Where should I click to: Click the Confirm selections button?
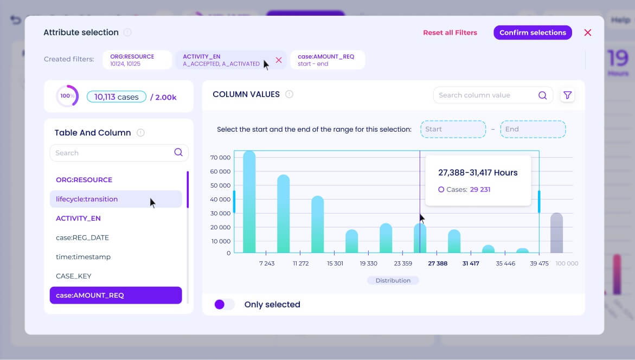533,33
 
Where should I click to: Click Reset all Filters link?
450,33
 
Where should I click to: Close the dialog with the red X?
587,33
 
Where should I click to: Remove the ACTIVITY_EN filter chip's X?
279,60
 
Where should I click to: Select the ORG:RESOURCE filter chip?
137,60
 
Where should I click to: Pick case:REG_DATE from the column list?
82,237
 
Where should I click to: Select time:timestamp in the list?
83,257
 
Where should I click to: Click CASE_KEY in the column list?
74,276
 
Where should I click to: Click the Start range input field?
453,129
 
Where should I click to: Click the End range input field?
533,129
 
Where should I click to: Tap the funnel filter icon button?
567,95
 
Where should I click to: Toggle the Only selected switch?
224,305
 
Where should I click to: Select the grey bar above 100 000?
556,233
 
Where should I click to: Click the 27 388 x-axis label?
438,263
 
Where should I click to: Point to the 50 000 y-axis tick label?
221,185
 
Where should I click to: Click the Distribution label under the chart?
393,280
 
